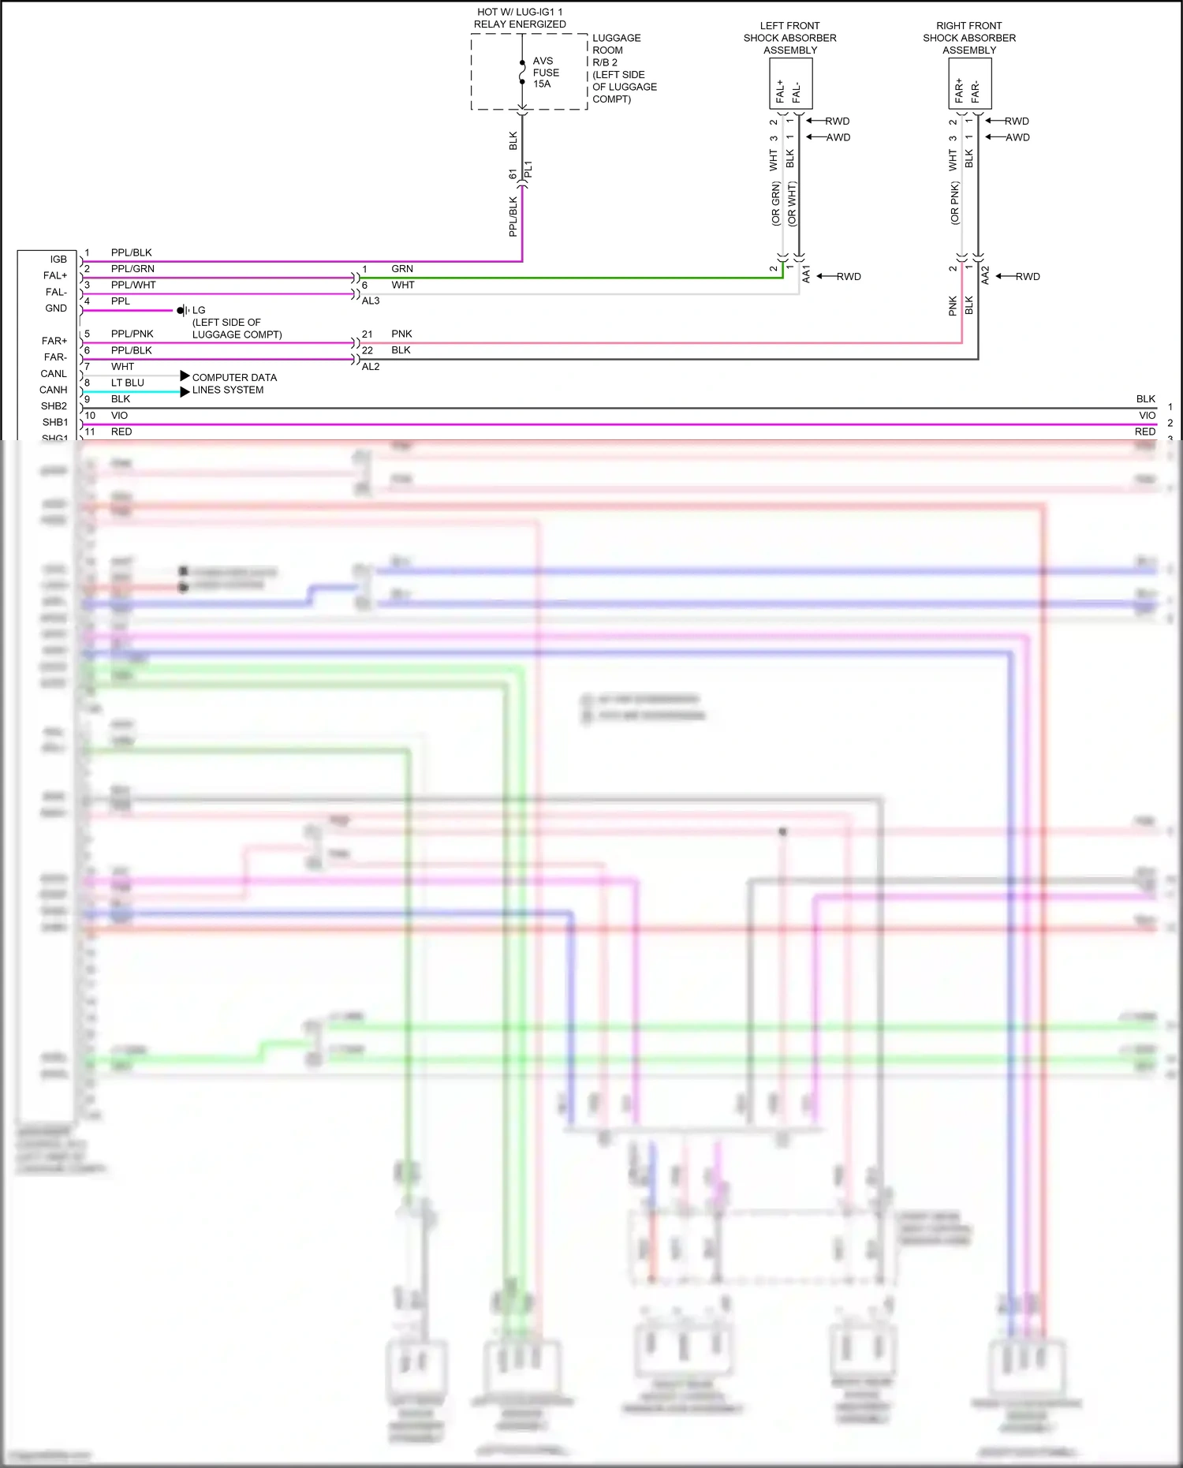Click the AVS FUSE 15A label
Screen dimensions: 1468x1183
[x=545, y=73]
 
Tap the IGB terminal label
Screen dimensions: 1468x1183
[x=58, y=260]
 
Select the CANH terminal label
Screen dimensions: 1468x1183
[x=54, y=390]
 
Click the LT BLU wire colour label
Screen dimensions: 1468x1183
[x=128, y=383]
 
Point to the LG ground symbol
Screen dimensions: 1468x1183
[x=183, y=310]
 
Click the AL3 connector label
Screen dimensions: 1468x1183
[x=371, y=301]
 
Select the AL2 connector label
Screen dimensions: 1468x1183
[x=371, y=366]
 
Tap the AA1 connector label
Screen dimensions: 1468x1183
[x=806, y=275]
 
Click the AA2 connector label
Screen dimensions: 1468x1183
[x=985, y=275]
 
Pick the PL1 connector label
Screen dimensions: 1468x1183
[x=528, y=169]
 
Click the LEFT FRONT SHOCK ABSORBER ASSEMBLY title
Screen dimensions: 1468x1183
[x=789, y=38]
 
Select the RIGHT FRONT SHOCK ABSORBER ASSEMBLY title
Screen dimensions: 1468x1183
[x=969, y=38]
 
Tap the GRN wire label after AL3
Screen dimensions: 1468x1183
[x=402, y=269]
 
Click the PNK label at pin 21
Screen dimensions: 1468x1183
[x=401, y=334]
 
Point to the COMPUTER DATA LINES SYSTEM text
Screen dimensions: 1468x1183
[x=233, y=383]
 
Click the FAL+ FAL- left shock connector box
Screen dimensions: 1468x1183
[x=790, y=84]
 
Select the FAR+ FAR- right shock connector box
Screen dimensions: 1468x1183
[x=969, y=84]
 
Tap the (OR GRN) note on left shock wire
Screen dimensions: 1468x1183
[x=776, y=204]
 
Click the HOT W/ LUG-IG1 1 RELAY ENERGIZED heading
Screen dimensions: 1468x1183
[x=520, y=18]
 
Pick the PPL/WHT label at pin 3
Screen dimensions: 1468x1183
[x=133, y=285]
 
